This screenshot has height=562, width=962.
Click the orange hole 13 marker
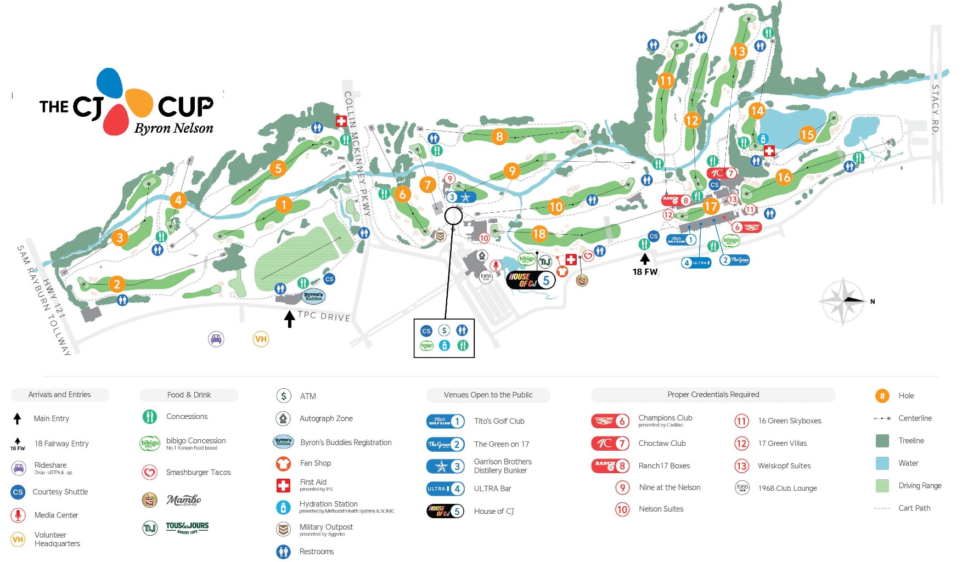pyautogui.click(x=739, y=52)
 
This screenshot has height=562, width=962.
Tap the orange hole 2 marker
pyautogui.click(x=116, y=283)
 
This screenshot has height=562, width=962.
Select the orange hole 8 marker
pyautogui.click(x=499, y=136)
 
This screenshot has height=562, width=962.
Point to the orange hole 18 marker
pyautogui.click(x=539, y=234)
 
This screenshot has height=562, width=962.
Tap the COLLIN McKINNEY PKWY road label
pyautogui.click(x=357, y=153)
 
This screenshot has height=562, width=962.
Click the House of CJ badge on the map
pyautogui.click(x=531, y=280)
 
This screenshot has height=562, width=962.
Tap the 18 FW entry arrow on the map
pyautogui.click(x=645, y=258)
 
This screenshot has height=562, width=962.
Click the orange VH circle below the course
pyautogui.click(x=261, y=339)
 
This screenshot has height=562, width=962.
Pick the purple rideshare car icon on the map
pyautogui.click(x=216, y=339)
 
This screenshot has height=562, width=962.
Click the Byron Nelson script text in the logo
pyautogui.click(x=173, y=128)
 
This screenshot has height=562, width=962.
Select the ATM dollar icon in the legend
pyautogui.click(x=283, y=396)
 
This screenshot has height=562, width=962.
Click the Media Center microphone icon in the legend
pyautogui.click(x=18, y=515)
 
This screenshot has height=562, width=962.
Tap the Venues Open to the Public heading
pyautogui.click(x=488, y=395)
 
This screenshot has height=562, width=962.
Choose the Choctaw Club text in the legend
pyautogui.click(x=662, y=443)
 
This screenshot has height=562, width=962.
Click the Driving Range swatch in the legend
pyautogui.click(x=882, y=486)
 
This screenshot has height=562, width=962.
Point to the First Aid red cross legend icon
pyautogui.click(x=283, y=485)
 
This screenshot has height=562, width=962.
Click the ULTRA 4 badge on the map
pyautogui.click(x=696, y=263)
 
